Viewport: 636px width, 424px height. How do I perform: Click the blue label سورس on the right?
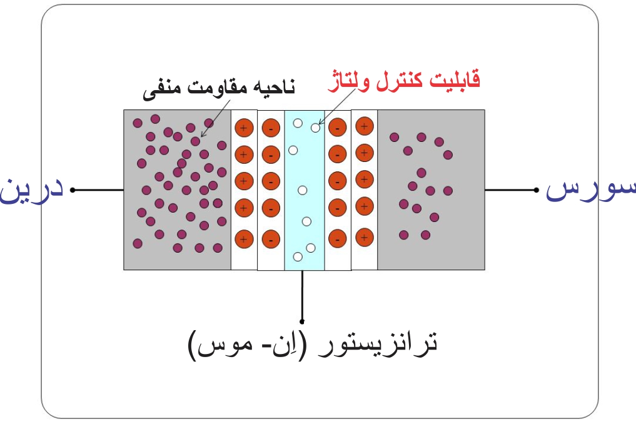(591, 189)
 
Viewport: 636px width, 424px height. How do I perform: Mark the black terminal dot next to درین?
(73, 189)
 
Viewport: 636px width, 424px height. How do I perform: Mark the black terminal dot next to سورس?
(537, 189)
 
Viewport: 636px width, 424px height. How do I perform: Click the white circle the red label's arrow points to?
(315, 128)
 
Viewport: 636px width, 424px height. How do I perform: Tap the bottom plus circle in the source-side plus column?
(364, 237)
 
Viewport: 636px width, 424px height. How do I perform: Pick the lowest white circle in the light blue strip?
(298, 256)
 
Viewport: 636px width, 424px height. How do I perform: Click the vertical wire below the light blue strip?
(303, 294)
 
